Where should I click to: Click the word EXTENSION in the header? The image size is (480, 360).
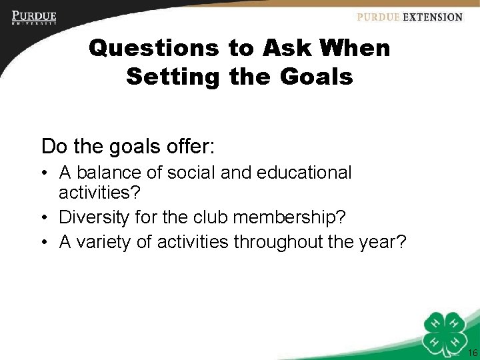(x=432, y=17)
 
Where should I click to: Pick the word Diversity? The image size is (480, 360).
(x=98, y=217)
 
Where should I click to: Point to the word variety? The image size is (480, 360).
(x=103, y=242)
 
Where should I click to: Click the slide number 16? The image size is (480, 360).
(x=473, y=353)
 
